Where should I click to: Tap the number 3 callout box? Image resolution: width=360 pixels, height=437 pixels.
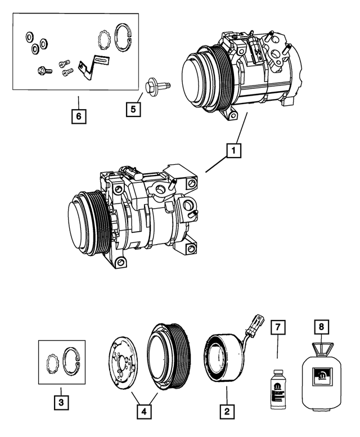61,402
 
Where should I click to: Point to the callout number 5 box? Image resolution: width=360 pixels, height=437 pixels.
133,109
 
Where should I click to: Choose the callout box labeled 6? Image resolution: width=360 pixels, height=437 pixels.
79,116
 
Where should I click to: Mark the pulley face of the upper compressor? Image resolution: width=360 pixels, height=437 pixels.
198,79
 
